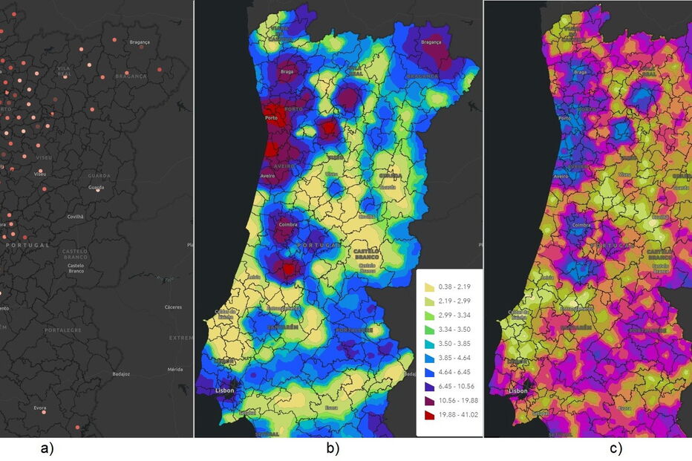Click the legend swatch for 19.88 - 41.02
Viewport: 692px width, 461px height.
click(428, 428)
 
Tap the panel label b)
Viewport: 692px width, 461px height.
click(331, 448)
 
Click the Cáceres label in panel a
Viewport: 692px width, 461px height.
click(172, 307)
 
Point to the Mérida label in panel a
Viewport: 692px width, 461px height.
click(175, 369)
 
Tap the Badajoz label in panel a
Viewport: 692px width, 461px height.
click(120, 374)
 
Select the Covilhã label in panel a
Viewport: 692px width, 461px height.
click(75, 217)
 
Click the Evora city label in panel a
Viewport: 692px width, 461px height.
click(39, 408)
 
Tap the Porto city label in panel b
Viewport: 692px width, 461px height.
click(271, 119)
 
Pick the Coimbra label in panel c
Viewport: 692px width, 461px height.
click(581, 223)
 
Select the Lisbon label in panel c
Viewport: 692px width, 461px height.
click(518, 390)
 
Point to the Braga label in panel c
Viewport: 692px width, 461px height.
click(580, 72)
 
